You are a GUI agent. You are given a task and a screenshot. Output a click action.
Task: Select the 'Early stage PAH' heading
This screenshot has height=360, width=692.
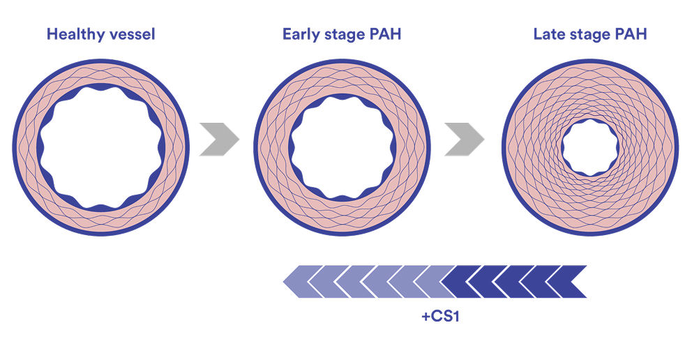[341, 34]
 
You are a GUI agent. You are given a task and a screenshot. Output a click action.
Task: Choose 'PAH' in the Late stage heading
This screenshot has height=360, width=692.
[631, 34]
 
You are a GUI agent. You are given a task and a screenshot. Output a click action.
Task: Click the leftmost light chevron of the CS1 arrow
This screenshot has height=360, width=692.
[299, 282]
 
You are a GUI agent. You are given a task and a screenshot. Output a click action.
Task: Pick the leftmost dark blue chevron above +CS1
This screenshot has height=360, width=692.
[458, 282]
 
